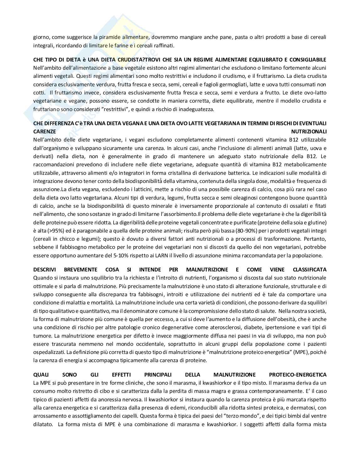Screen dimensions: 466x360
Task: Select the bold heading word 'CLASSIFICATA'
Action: tap(309, 270)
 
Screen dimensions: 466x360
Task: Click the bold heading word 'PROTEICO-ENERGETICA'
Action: tap(297, 375)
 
